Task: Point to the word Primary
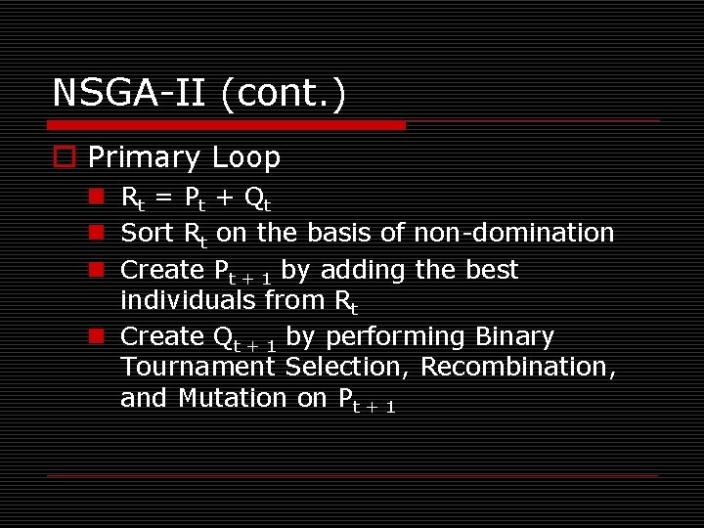click(x=143, y=157)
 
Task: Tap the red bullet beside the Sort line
click(x=96, y=234)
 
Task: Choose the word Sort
click(x=148, y=233)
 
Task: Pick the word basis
click(x=339, y=233)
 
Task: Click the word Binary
click(x=514, y=336)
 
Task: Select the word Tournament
click(x=198, y=367)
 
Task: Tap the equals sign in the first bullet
click(x=164, y=198)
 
